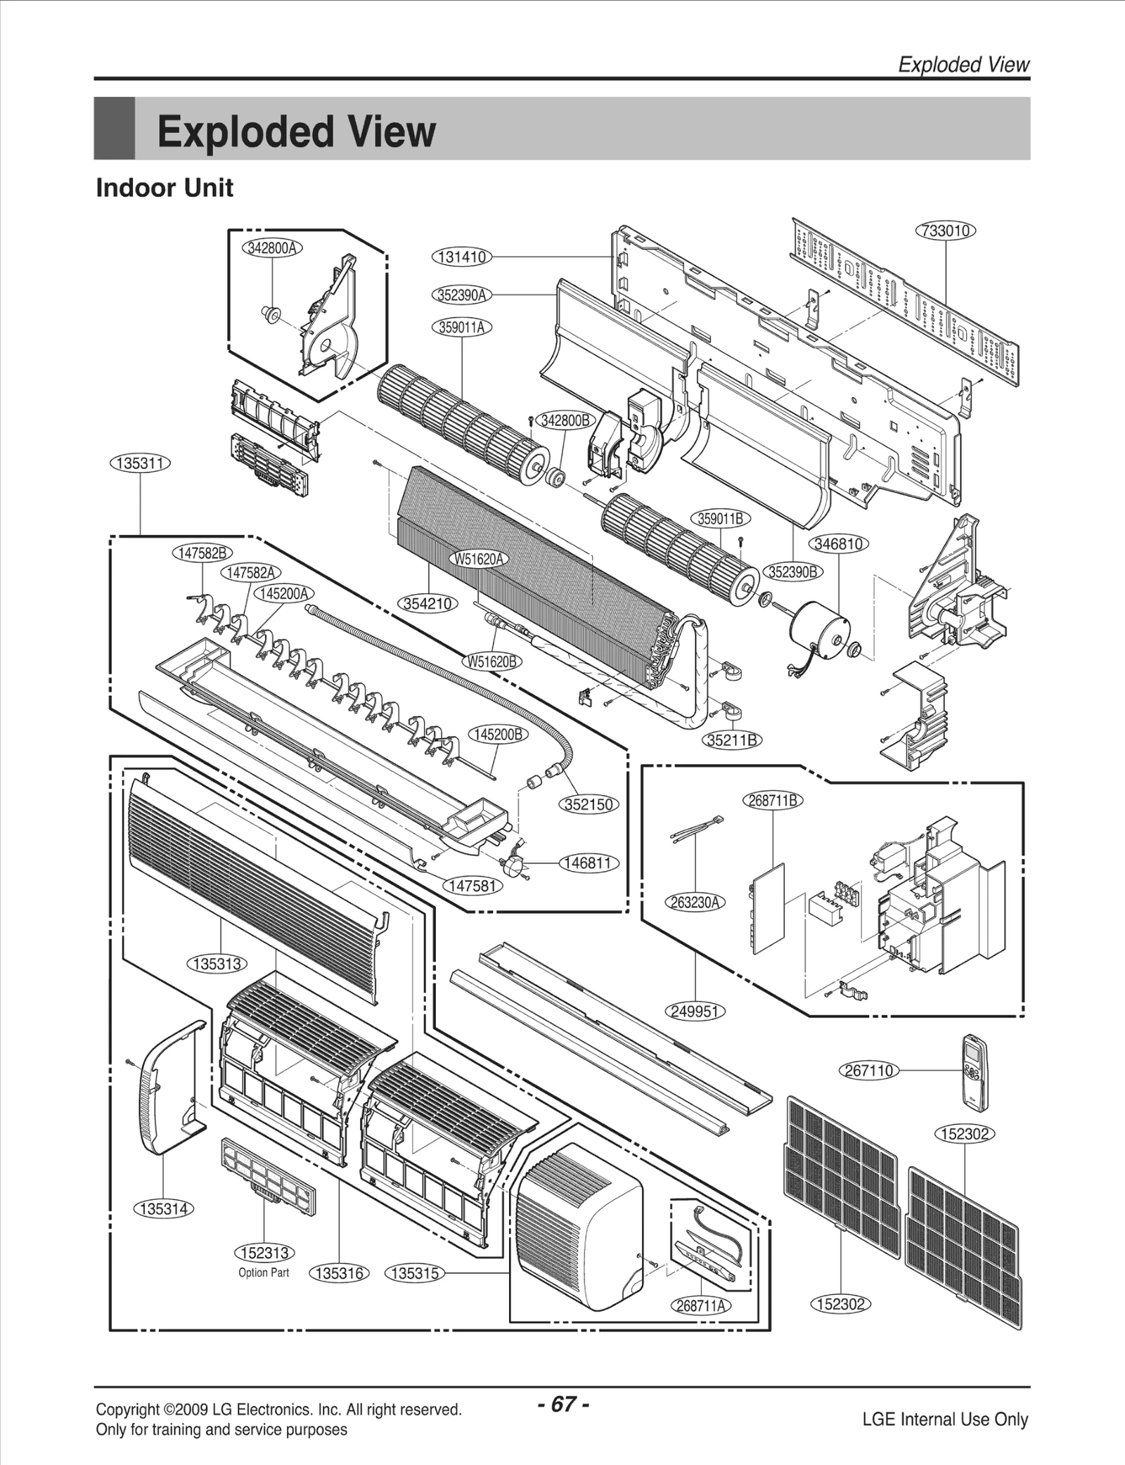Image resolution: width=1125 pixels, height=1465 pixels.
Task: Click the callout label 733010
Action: pyautogui.click(x=946, y=231)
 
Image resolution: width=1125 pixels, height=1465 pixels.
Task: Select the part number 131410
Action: pyautogui.click(x=461, y=257)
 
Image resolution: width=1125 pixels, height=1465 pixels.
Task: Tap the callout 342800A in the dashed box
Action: pyautogui.click(x=272, y=248)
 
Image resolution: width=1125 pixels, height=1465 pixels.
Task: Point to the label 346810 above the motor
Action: pyautogui.click(x=839, y=544)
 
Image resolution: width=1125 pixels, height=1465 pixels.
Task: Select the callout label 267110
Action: pyautogui.click(x=869, y=1071)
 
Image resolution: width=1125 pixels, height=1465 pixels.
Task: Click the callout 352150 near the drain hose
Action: pyautogui.click(x=589, y=804)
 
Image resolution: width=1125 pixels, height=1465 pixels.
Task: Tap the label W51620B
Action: pyautogui.click(x=492, y=661)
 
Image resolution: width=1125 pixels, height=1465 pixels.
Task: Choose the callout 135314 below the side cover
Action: pyautogui.click(x=163, y=1209)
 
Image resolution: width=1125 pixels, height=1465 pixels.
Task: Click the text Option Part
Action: pyautogui.click(x=264, y=1272)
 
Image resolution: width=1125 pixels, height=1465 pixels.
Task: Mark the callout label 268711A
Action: pyautogui.click(x=700, y=1305)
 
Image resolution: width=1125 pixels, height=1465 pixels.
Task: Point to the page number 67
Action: pyautogui.click(x=562, y=1405)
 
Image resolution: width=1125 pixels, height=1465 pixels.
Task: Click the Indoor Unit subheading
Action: pyautogui.click(x=165, y=188)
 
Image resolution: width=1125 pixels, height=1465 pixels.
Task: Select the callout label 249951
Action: pyautogui.click(x=695, y=1012)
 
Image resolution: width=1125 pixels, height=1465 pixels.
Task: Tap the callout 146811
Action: pyautogui.click(x=589, y=863)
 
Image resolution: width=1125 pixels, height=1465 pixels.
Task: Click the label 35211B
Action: pyautogui.click(x=733, y=740)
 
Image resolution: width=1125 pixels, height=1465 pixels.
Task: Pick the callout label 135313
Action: pyautogui.click(x=217, y=964)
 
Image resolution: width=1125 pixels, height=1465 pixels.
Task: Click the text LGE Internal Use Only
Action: pyautogui.click(x=945, y=1419)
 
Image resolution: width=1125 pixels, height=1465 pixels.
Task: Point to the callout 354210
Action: pyautogui.click(x=428, y=603)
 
